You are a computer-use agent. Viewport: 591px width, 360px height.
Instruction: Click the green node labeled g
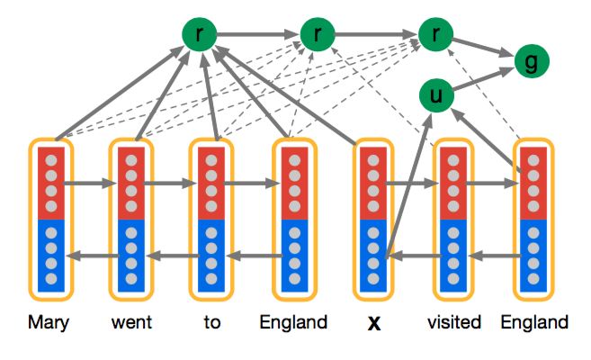coord(532,62)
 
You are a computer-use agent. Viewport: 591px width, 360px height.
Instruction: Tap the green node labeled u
coord(436,96)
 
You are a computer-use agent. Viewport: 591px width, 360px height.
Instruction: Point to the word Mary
coord(49,322)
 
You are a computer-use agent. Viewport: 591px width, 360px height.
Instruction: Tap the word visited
coord(454,322)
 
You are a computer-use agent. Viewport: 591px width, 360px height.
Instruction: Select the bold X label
coord(375,323)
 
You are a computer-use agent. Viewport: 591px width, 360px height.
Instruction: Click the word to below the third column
coord(211,322)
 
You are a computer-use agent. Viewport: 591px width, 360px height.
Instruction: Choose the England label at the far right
coord(534,322)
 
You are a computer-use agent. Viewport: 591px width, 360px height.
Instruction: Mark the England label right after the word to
coord(293,322)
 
